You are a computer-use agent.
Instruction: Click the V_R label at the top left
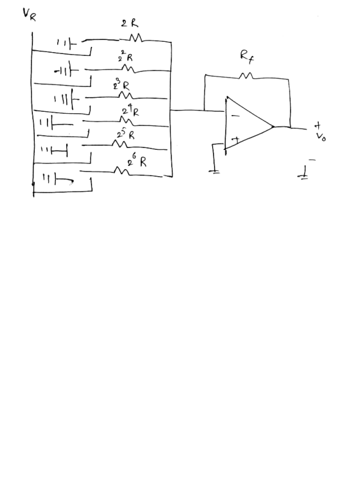click(x=30, y=15)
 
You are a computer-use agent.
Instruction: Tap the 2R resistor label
click(x=129, y=23)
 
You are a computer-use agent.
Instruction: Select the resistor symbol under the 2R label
click(x=135, y=38)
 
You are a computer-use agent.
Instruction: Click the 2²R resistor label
click(x=126, y=57)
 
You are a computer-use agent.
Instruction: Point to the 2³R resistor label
click(x=122, y=84)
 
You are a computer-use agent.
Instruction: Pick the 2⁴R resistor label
click(x=130, y=111)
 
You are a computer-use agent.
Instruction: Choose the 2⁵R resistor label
click(x=126, y=134)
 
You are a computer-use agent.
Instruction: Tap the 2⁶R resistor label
click(x=137, y=161)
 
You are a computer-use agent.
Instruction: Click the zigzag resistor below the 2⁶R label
click(x=122, y=170)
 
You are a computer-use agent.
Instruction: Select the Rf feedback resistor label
click(x=247, y=57)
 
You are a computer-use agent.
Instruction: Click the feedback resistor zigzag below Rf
click(x=246, y=75)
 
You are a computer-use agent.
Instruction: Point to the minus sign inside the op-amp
click(x=235, y=116)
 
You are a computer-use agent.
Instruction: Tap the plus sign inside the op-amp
click(x=235, y=140)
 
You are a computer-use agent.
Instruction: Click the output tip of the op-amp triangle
click(x=273, y=127)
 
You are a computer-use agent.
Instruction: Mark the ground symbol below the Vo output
click(x=303, y=175)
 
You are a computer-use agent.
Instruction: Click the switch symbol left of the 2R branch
click(x=67, y=44)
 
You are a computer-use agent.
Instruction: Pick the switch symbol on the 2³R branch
click(x=67, y=100)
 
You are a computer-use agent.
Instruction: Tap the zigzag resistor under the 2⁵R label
click(x=120, y=143)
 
